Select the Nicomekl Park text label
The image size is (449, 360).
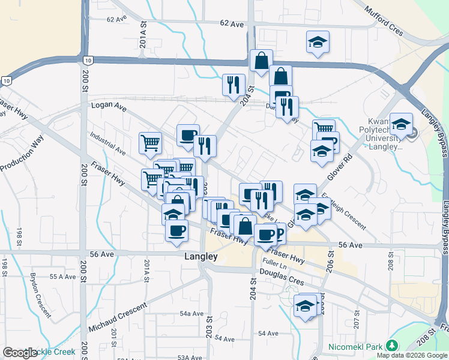pos(356,346)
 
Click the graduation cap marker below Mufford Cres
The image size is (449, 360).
pos(318,42)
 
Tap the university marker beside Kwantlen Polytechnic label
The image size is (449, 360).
pos(401,124)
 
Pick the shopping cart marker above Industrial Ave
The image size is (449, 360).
pos(150,143)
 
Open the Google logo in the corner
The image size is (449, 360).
pos(19,353)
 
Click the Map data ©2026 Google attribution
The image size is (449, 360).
pos(412,355)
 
